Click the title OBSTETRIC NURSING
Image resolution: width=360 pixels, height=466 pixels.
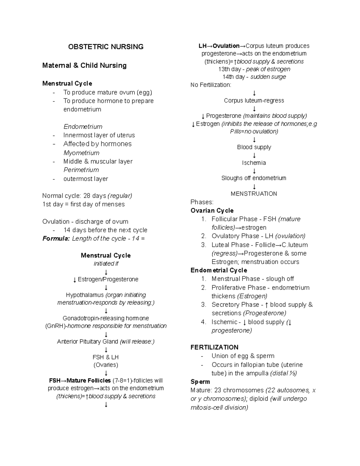click(106, 47)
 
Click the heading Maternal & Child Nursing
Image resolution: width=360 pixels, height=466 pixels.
click(84, 65)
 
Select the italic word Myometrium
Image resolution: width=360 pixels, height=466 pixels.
click(81, 153)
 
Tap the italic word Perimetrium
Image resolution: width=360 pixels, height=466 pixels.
click(81, 170)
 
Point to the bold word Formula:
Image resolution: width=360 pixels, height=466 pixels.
click(56, 239)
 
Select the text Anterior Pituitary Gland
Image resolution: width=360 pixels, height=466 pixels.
click(88, 341)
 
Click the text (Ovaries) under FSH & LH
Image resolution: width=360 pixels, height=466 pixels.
click(106, 365)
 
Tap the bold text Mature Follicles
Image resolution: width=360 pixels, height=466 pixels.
click(88, 380)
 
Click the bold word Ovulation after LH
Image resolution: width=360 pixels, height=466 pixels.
click(226, 46)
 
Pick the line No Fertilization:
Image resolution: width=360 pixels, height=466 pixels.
click(211, 85)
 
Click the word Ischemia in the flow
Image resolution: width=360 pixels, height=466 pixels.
click(254, 163)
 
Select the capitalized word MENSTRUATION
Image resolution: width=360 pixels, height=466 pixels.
click(254, 194)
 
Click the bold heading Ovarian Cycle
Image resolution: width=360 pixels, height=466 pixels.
click(212, 211)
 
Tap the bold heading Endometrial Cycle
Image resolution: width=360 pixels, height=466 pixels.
click(219, 270)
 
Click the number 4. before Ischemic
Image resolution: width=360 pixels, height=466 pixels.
click(204, 322)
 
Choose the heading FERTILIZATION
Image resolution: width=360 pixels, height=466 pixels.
click(214, 347)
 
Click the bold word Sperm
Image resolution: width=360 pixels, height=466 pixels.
click(200, 382)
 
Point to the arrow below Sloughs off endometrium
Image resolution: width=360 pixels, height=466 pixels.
click(254, 186)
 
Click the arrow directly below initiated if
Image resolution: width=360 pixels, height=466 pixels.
click(106, 272)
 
